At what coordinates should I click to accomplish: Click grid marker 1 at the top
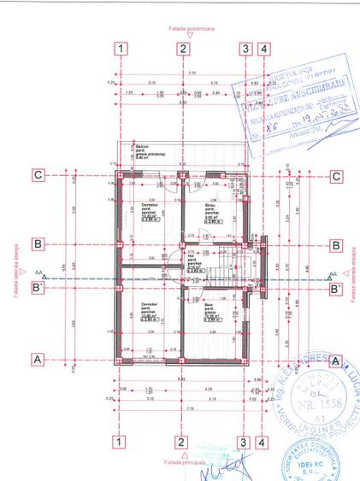coord(123,49)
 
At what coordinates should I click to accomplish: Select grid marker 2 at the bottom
coord(182,443)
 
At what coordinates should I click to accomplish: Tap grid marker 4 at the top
coord(264,49)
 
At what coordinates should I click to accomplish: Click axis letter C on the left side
coord(38,176)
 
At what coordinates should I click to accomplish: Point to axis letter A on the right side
coord(336,360)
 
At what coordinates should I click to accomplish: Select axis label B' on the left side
coord(39,288)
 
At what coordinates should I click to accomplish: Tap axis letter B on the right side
coord(336,244)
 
